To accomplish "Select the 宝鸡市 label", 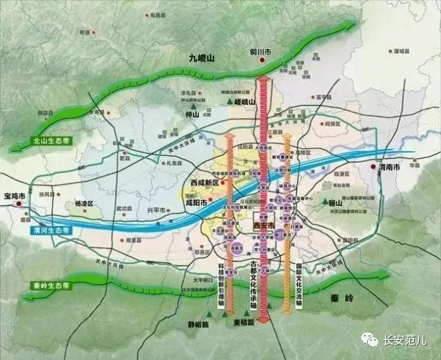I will [14, 196].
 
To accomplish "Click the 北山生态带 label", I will [52, 141].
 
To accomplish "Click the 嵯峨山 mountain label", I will [245, 102].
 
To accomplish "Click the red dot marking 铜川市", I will [263, 61].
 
